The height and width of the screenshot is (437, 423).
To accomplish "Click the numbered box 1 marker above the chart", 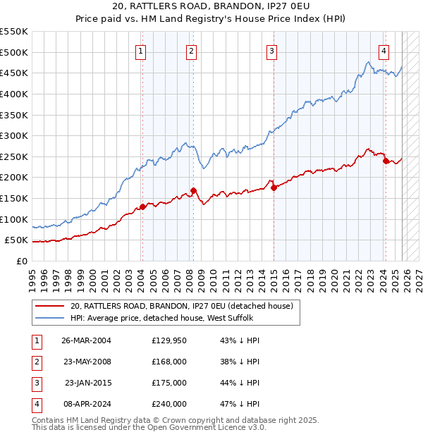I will (x=141, y=51).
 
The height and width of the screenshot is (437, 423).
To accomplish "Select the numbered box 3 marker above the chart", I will (x=271, y=51).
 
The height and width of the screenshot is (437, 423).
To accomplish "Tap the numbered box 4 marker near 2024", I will (x=384, y=51).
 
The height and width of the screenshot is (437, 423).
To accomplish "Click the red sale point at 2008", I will (x=193, y=190).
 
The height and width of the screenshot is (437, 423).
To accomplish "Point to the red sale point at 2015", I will (x=274, y=187).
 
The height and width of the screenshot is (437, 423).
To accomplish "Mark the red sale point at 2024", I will (x=386, y=161).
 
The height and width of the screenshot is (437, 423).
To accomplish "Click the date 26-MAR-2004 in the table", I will (x=86, y=340).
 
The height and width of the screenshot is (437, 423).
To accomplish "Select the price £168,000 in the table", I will (x=168, y=362).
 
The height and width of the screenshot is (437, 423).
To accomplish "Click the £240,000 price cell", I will (x=168, y=404).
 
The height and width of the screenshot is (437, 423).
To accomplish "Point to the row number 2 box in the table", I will (x=35, y=362).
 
